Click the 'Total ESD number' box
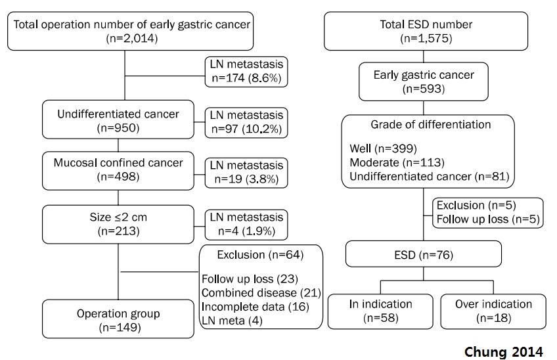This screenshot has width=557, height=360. (x=426, y=32)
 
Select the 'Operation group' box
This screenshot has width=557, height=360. (x=118, y=319)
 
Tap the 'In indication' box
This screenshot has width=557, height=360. (x=380, y=311)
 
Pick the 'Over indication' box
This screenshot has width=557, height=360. (x=493, y=311)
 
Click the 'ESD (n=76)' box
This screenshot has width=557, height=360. (x=424, y=254)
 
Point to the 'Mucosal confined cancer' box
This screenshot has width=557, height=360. (x=118, y=171)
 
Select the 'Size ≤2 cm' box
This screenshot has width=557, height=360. (x=118, y=224)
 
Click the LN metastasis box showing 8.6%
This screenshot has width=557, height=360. (x=246, y=72)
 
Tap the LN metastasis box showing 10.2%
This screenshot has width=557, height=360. (x=246, y=123)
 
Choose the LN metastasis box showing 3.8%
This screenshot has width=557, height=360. (x=246, y=173)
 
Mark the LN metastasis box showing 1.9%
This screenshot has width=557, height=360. (x=246, y=225)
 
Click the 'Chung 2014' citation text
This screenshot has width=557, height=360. (x=503, y=351)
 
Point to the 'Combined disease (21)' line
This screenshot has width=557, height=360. (x=261, y=293)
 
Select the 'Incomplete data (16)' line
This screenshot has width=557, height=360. (x=256, y=307)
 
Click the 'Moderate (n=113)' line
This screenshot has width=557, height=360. (x=397, y=162)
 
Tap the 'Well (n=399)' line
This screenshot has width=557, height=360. (x=384, y=148)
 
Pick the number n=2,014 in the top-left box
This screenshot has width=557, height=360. (x=132, y=38)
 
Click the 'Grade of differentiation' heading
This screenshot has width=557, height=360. (x=430, y=124)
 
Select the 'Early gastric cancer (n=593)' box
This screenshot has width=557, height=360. (x=424, y=81)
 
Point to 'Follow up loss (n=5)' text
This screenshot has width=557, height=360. (x=488, y=219)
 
